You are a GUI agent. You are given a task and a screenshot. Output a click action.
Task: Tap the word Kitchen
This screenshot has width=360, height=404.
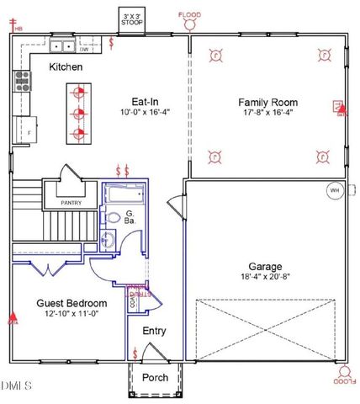click(65, 66)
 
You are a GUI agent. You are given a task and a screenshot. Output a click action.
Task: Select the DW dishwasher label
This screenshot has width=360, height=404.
click(85, 49)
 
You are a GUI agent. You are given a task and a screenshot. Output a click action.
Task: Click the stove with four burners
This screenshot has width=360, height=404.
click(21, 82)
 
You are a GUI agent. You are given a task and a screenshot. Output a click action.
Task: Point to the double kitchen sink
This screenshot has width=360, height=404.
click(61, 47)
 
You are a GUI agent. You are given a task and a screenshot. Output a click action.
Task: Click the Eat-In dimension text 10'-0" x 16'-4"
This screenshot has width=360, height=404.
click(139, 112)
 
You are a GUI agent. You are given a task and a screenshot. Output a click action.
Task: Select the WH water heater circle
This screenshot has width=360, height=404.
click(334, 190)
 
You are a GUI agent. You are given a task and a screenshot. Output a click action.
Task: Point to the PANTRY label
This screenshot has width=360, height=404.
click(75, 203)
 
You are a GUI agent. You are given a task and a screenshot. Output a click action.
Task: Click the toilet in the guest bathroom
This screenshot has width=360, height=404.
click(114, 218)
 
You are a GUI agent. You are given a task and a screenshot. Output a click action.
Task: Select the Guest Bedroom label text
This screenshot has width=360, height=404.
click(71, 303)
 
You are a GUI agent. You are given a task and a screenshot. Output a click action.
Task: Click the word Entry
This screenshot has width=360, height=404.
click(154, 331)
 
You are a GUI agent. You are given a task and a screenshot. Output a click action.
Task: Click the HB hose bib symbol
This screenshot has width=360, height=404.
click(17, 28)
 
